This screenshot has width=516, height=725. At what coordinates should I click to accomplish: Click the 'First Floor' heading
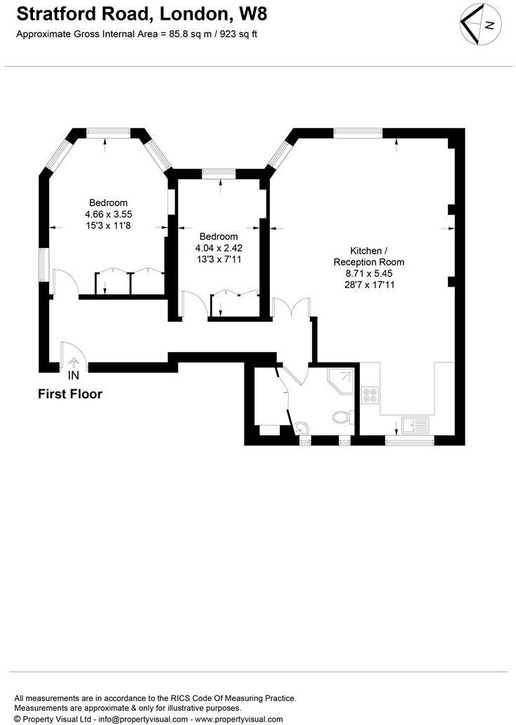[x=70, y=394]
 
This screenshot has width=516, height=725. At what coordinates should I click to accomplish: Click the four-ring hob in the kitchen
[x=369, y=395]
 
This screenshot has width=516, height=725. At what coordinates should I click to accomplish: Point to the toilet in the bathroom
[x=342, y=417]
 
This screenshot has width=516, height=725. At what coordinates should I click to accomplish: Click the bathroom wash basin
[x=302, y=427]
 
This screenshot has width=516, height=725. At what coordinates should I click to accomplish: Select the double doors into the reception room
[x=290, y=308]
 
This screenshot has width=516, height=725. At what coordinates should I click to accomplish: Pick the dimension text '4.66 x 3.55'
[x=108, y=214]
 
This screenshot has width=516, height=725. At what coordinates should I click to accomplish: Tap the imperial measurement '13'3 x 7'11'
[x=218, y=259]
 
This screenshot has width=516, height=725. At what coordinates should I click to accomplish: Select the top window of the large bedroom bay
[x=108, y=131]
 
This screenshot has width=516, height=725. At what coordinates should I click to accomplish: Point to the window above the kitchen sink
[x=410, y=441]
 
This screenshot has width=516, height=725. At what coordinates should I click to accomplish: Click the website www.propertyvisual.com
[x=239, y=719]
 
